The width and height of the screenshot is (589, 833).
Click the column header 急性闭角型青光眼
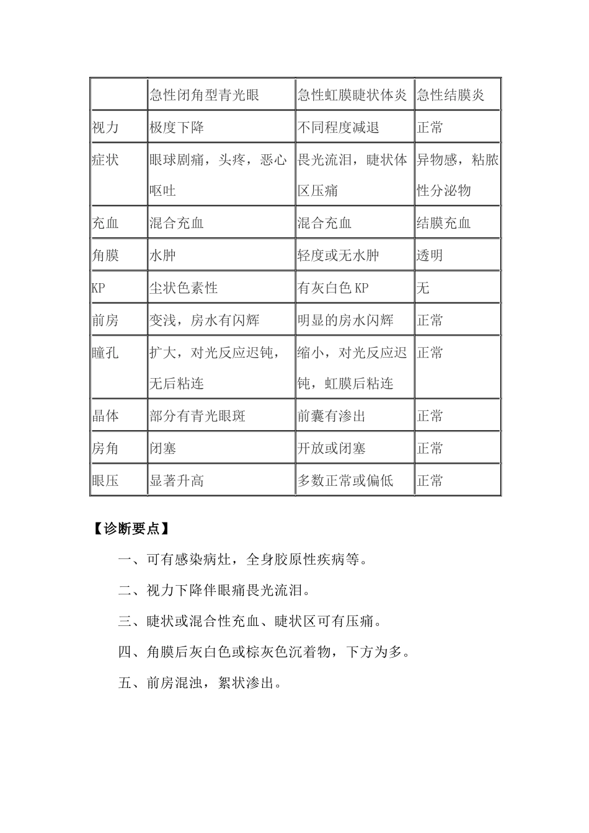point(204,95)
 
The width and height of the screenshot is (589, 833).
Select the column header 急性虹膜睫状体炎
point(352,95)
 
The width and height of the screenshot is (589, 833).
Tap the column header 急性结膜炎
point(450,95)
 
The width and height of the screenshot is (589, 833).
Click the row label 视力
point(105,128)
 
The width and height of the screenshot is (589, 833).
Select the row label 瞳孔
point(105,353)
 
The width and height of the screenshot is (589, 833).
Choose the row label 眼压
point(105,480)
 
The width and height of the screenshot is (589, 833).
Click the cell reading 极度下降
point(177,128)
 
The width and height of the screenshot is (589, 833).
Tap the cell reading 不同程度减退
point(338,128)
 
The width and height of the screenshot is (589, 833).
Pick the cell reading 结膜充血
point(443,223)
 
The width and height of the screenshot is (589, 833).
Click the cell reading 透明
point(430,255)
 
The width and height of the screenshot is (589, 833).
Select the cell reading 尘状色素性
point(184,288)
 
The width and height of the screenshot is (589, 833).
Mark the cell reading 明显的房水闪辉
point(345,320)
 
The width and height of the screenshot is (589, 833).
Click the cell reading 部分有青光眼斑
point(197,416)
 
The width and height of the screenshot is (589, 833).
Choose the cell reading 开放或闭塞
point(332,448)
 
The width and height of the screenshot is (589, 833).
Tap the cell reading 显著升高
point(177,480)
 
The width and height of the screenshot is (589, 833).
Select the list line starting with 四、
point(264,652)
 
